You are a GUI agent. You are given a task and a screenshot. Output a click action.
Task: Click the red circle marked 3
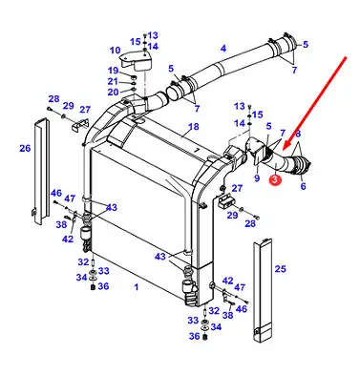pyautogui.click(x=275, y=179)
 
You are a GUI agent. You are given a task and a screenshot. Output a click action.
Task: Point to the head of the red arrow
pyautogui.click(x=282, y=150)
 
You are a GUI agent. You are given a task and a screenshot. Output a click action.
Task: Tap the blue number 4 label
pyautogui.click(x=223, y=49)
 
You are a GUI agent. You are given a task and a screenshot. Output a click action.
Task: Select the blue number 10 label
pyautogui.click(x=115, y=51)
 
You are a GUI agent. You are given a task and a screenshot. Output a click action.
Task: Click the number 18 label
pyautogui.click(x=194, y=127)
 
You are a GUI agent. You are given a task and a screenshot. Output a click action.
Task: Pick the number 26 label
pyautogui.click(x=25, y=148)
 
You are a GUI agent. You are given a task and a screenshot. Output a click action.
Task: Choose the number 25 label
pyautogui.click(x=280, y=269)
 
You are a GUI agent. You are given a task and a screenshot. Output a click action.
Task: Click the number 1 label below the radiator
pyautogui.click(x=137, y=287)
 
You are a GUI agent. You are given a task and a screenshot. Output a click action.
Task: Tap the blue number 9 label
pyautogui.click(x=257, y=178)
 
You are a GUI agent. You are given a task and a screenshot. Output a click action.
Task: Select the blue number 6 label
pyautogui.click(x=303, y=186)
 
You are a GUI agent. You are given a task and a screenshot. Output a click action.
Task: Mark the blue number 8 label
pyautogui.click(x=298, y=134)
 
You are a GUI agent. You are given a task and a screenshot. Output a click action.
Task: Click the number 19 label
pyautogui.click(x=113, y=71)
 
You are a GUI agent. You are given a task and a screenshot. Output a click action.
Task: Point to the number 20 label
pyautogui.click(x=113, y=93)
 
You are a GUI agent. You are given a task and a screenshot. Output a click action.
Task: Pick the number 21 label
pyautogui.click(x=113, y=81)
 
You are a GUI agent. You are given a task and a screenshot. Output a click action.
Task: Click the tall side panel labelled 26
pyautogui.click(x=41, y=172)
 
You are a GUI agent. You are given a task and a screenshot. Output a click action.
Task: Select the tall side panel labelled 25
pyautogui.click(x=263, y=290)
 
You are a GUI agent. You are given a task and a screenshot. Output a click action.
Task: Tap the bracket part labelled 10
pyautogui.click(x=137, y=60)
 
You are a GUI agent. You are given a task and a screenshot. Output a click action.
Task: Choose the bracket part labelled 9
pyautogui.click(x=256, y=150)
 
